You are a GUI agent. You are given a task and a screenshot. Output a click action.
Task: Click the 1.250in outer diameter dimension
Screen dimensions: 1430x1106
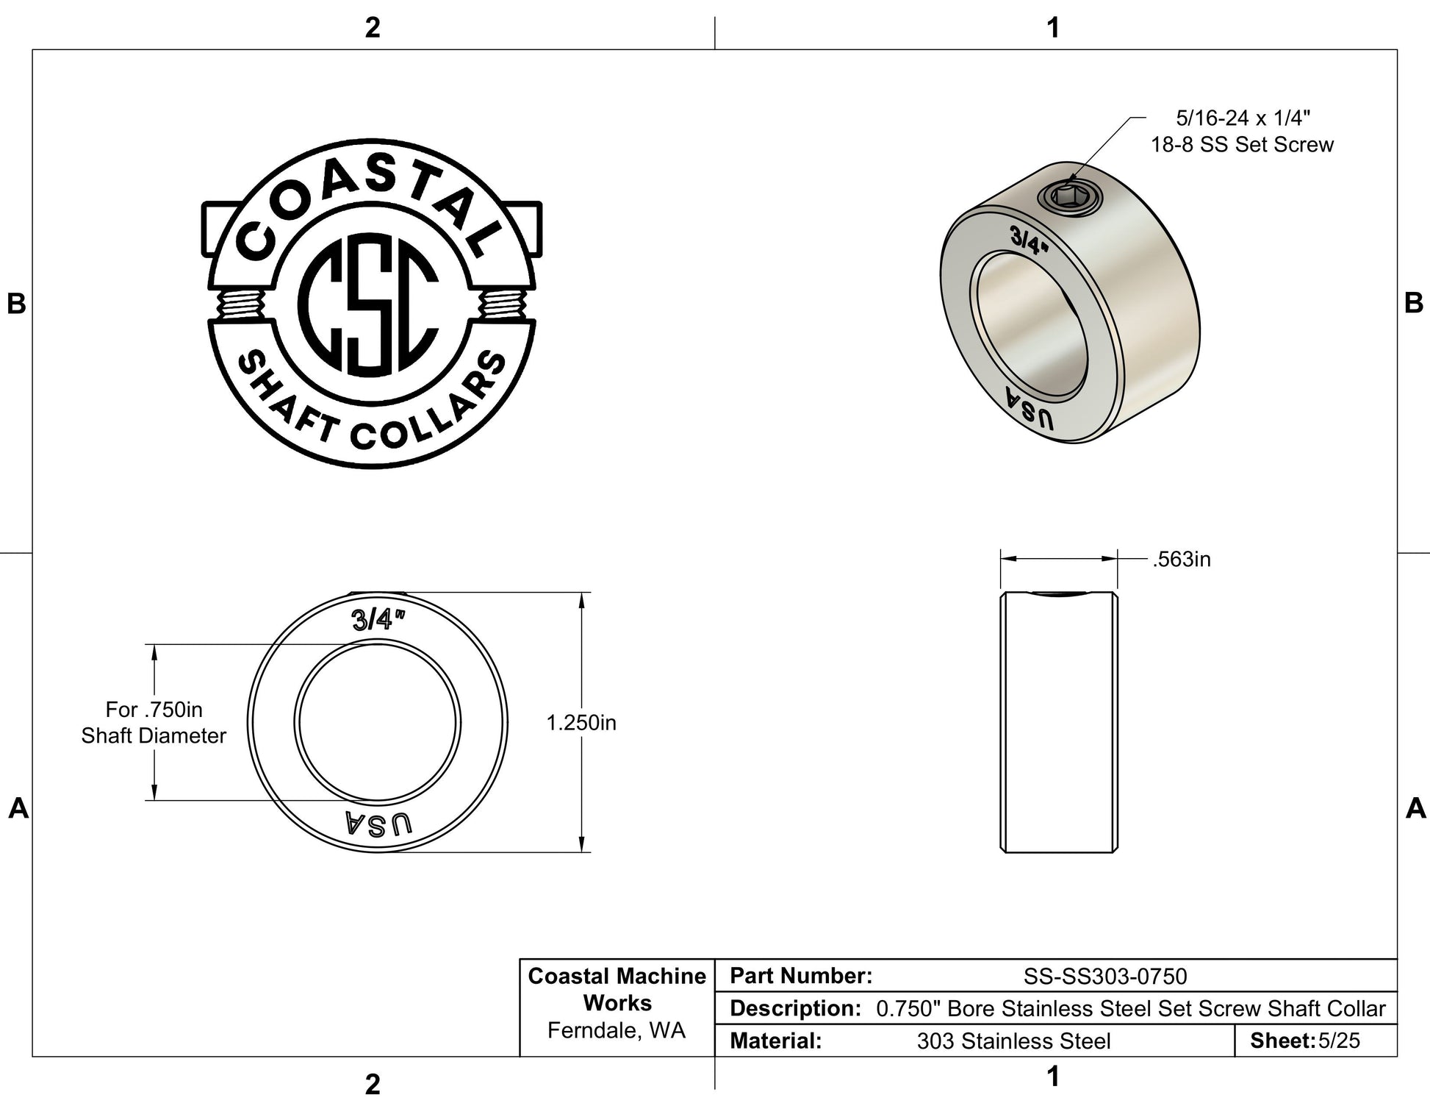point(581,723)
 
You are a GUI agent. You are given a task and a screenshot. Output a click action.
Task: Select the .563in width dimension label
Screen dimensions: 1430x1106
point(1182,560)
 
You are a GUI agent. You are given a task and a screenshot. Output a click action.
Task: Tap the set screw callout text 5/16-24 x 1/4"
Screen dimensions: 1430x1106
point(1243,118)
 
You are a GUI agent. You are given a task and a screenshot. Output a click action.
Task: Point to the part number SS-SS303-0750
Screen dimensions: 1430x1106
point(1105,977)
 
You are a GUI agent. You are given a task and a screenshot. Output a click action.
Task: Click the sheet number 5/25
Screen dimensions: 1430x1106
point(1339,1041)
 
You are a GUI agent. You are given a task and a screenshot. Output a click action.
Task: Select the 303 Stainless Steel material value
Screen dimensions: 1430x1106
point(1013,1041)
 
